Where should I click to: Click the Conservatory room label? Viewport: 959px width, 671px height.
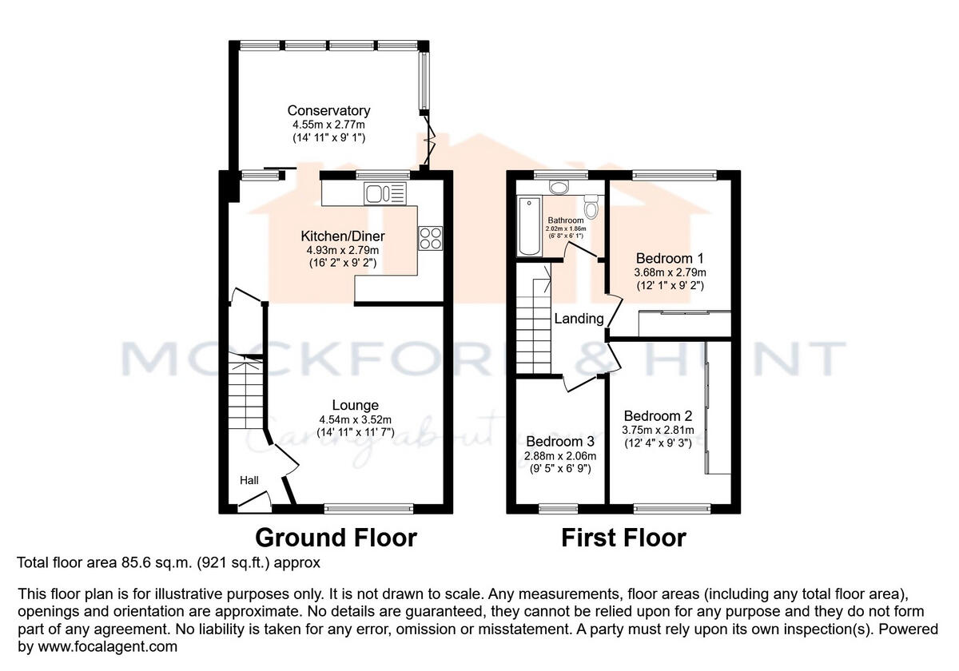(328, 111)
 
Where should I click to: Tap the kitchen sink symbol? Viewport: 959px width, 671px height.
(384, 193)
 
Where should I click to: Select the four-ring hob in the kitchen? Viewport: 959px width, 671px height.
(430, 238)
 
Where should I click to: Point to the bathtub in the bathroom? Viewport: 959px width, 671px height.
(528, 227)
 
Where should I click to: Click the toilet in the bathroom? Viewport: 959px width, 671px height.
(591, 206)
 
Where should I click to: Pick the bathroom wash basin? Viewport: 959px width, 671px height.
(559, 187)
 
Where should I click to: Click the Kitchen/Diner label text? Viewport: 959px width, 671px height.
(342, 236)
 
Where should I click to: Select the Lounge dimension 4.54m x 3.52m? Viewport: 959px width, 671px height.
(356, 419)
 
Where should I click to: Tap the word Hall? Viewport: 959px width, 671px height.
(249, 480)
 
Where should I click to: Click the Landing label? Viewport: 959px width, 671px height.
(579, 319)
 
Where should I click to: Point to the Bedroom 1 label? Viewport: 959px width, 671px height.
(669, 259)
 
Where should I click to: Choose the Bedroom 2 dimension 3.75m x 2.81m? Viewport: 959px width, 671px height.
(659, 430)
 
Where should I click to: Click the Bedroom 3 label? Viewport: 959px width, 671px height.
(560, 442)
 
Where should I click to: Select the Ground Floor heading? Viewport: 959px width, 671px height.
(336, 538)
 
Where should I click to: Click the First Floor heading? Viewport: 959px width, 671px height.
(623, 538)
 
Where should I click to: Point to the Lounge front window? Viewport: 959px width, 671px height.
(368, 507)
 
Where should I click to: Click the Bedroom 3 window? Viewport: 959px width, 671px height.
(559, 507)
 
